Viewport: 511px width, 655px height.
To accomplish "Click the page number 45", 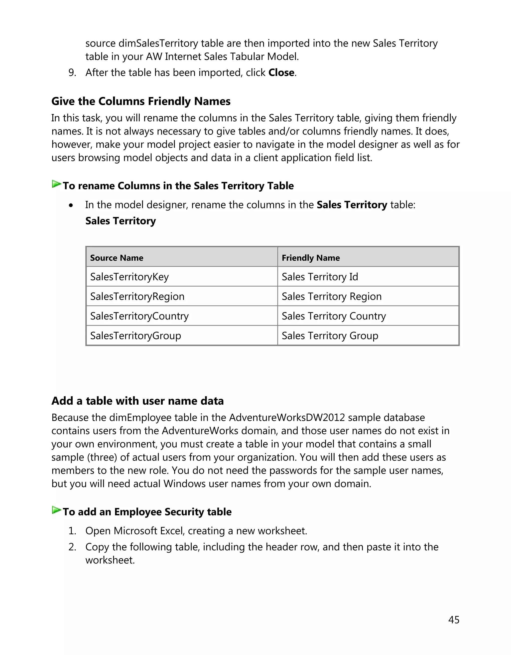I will tap(453, 620).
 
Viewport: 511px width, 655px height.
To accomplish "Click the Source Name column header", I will tap(117, 258).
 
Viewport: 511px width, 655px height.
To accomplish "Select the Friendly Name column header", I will tap(310, 258).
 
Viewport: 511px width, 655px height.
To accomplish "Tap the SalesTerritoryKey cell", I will tap(129, 277).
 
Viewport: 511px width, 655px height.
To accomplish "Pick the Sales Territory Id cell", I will tap(320, 277).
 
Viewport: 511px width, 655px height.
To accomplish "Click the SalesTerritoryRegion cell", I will tap(137, 296).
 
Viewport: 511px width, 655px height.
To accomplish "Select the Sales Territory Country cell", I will tap(334, 316).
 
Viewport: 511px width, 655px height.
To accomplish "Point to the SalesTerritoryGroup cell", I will tap(135, 335).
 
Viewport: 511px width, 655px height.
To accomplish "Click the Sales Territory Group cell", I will tap(330, 335).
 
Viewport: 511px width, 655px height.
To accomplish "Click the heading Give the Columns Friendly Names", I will tap(141, 101).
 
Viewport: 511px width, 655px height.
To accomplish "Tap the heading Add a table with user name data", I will tap(137, 401).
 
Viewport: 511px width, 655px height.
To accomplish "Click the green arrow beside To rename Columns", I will tap(56, 184).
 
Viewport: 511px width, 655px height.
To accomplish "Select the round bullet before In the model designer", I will tap(71, 205).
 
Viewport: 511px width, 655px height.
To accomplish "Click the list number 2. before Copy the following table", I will tap(72, 547).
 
